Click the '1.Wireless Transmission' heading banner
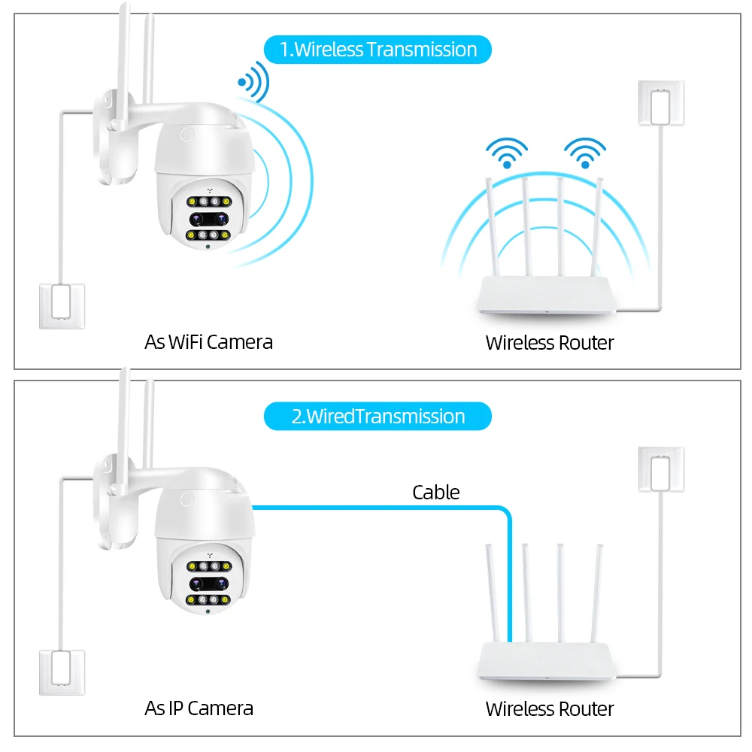click(378, 50)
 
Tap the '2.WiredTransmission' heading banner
click(378, 417)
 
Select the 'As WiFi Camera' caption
click(208, 342)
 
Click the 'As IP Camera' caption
click(199, 708)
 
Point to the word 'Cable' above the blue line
click(436, 492)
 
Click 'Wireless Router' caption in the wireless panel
click(550, 342)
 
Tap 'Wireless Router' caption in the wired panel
click(550, 709)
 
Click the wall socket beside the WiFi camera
click(62, 306)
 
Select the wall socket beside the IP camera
click(62, 672)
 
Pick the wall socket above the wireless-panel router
click(661, 103)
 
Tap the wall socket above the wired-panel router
click(661, 469)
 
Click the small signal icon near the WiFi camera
click(254, 82)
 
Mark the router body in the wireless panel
click(546, 295)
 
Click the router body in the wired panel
click(546, 661)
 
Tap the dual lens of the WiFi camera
click(209, 219)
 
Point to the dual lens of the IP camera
click(209, 584)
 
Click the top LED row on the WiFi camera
click(209, 202)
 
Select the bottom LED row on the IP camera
click(208, 599)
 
